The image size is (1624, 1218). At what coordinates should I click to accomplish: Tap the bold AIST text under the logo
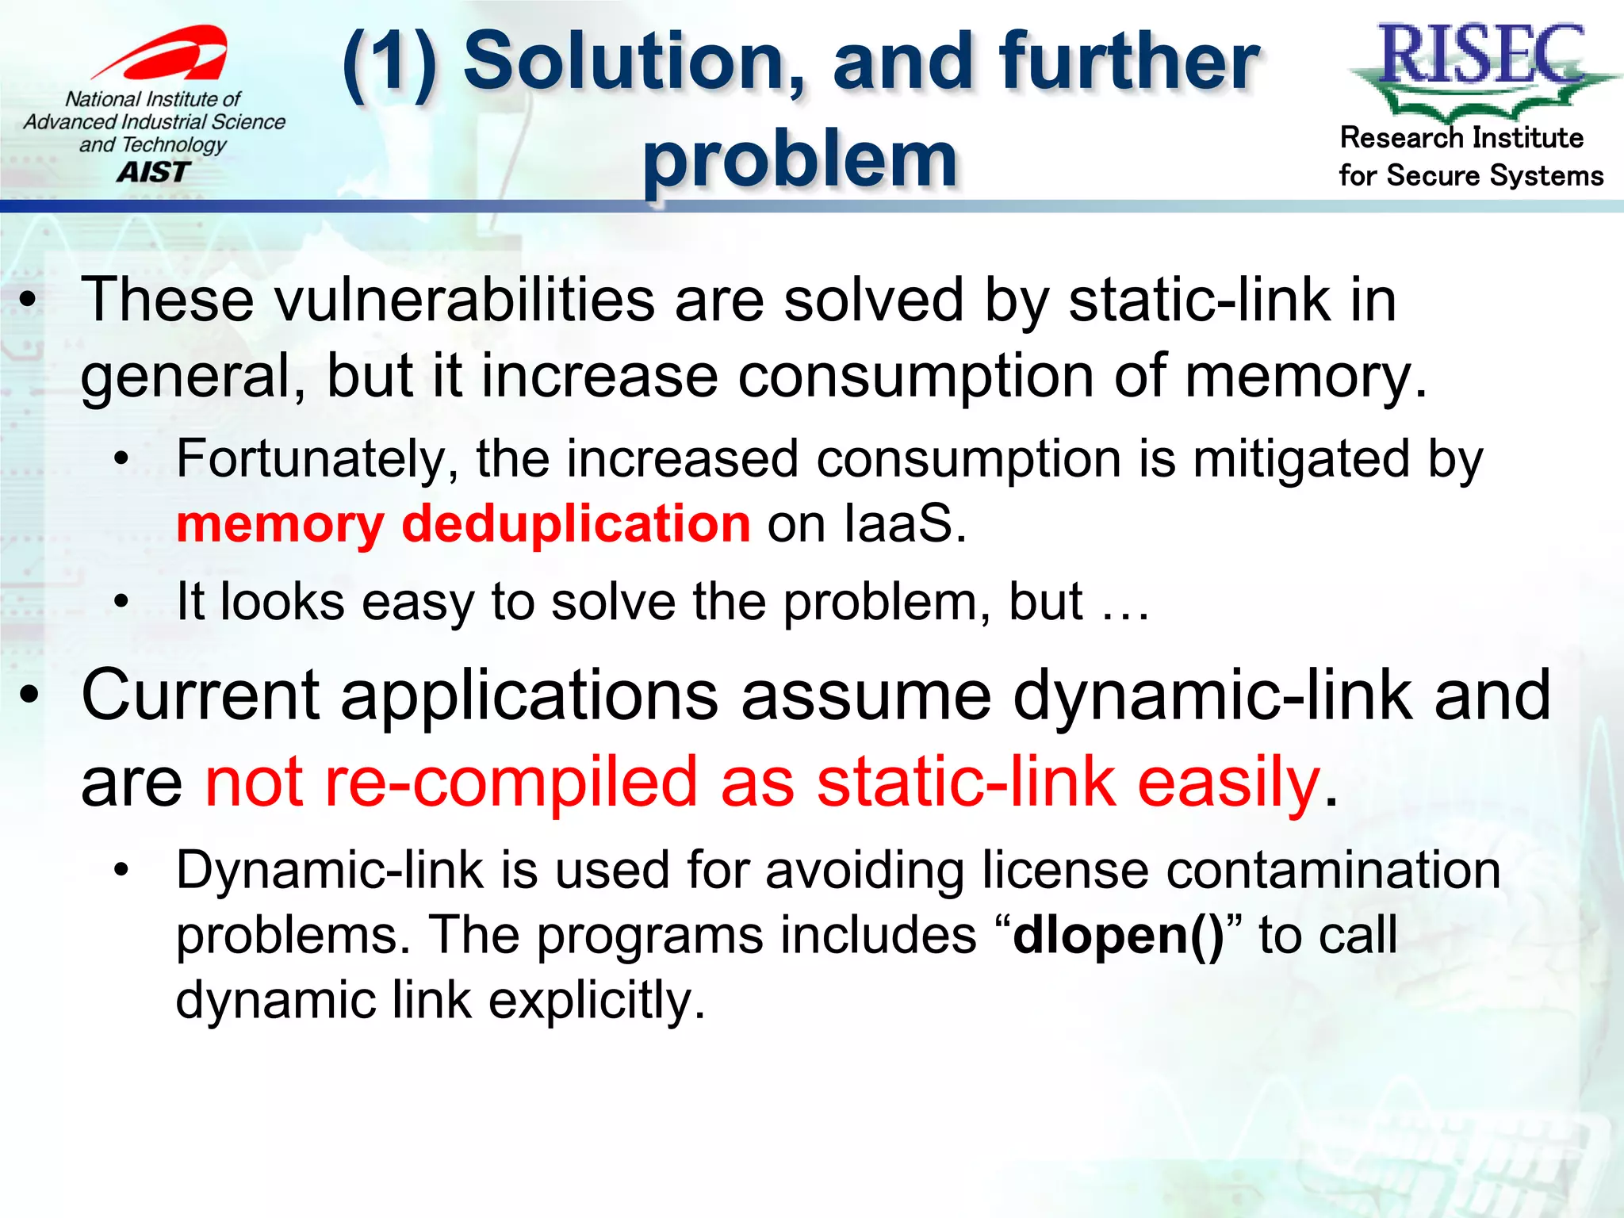point(154,172)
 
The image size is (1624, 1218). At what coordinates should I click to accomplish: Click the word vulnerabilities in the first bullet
point(465,301)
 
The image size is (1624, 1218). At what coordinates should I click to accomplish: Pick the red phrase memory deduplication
point(463,524)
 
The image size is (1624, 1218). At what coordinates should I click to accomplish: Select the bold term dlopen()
point(1118,936)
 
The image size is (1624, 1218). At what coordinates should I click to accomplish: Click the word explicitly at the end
point(596,1001)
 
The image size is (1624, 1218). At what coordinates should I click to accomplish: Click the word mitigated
point(1300,460)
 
